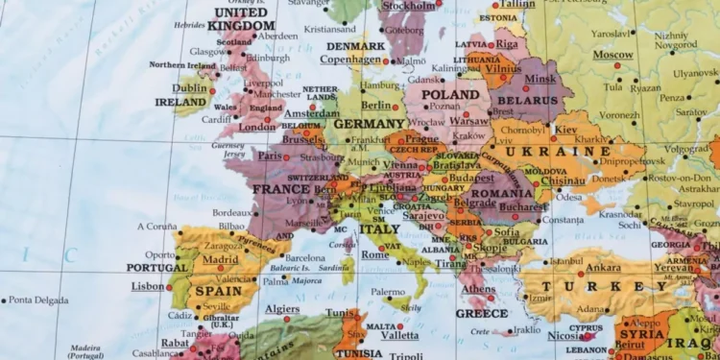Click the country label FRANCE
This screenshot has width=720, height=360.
[x=281, y=189]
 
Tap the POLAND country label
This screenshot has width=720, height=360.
[x=449, y=95]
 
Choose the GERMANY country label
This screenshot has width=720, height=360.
[x=370, y=124]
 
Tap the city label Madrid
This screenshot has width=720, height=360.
[x=220, y=259]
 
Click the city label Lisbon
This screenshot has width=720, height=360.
[x=148, y=286]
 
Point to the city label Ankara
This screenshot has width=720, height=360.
[x=603, y=268]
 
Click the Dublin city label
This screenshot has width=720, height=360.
[x=189, y=87]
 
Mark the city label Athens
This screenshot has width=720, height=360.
[x=478, y=289]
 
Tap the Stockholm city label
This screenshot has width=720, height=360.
[x=409, y=5]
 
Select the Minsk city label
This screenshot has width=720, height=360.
[x=540, y=78]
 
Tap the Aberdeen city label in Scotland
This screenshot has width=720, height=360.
[x=277, y=36]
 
